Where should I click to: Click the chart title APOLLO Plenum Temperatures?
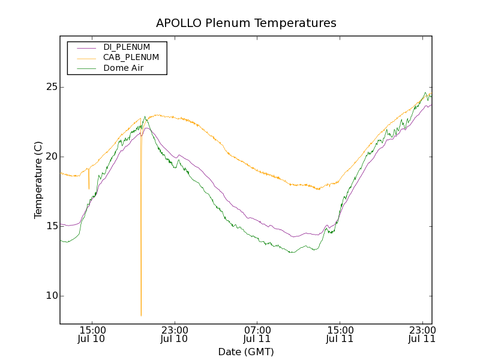(x=246, y=23)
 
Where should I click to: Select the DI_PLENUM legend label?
(x=127, y=47)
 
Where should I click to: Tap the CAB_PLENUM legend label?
(x=131, y=58)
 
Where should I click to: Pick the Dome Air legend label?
(x=124, y=68)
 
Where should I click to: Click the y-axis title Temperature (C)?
(x=38, y=180)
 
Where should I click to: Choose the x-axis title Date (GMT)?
(x=246, y=352)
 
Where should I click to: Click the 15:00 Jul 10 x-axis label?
(x=92, y=334)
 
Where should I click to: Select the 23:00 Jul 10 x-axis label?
(x=175, y=334)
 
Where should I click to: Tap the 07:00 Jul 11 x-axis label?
(x=257, y=334)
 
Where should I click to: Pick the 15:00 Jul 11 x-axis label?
(x=340, y=334)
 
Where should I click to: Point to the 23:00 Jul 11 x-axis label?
(x=422, y=334)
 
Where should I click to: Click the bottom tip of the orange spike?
(x=141, y=315)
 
